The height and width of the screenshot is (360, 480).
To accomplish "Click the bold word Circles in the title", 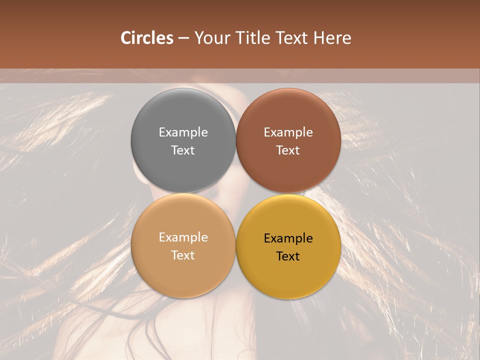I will [x=147, y=38].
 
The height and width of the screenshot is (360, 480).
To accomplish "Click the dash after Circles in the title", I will [x=183, y=38].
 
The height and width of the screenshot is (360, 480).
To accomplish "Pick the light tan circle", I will [x=183, y=270].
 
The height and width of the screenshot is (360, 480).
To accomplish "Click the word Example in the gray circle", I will [x=183, y=132].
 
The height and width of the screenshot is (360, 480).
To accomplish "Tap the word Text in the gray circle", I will [x=183, y=150].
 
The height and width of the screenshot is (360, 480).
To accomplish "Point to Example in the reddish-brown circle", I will [x=288, y=132].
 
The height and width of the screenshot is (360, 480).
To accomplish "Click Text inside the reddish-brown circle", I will [x=288, y=150].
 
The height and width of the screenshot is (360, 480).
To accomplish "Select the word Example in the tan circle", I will [x=183, y=237].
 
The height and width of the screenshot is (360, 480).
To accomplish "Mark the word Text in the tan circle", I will [x=183, y=255].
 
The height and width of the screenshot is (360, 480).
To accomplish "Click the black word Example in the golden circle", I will [x=288, y=238].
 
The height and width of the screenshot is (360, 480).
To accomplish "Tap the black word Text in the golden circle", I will [x=288, y=256].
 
